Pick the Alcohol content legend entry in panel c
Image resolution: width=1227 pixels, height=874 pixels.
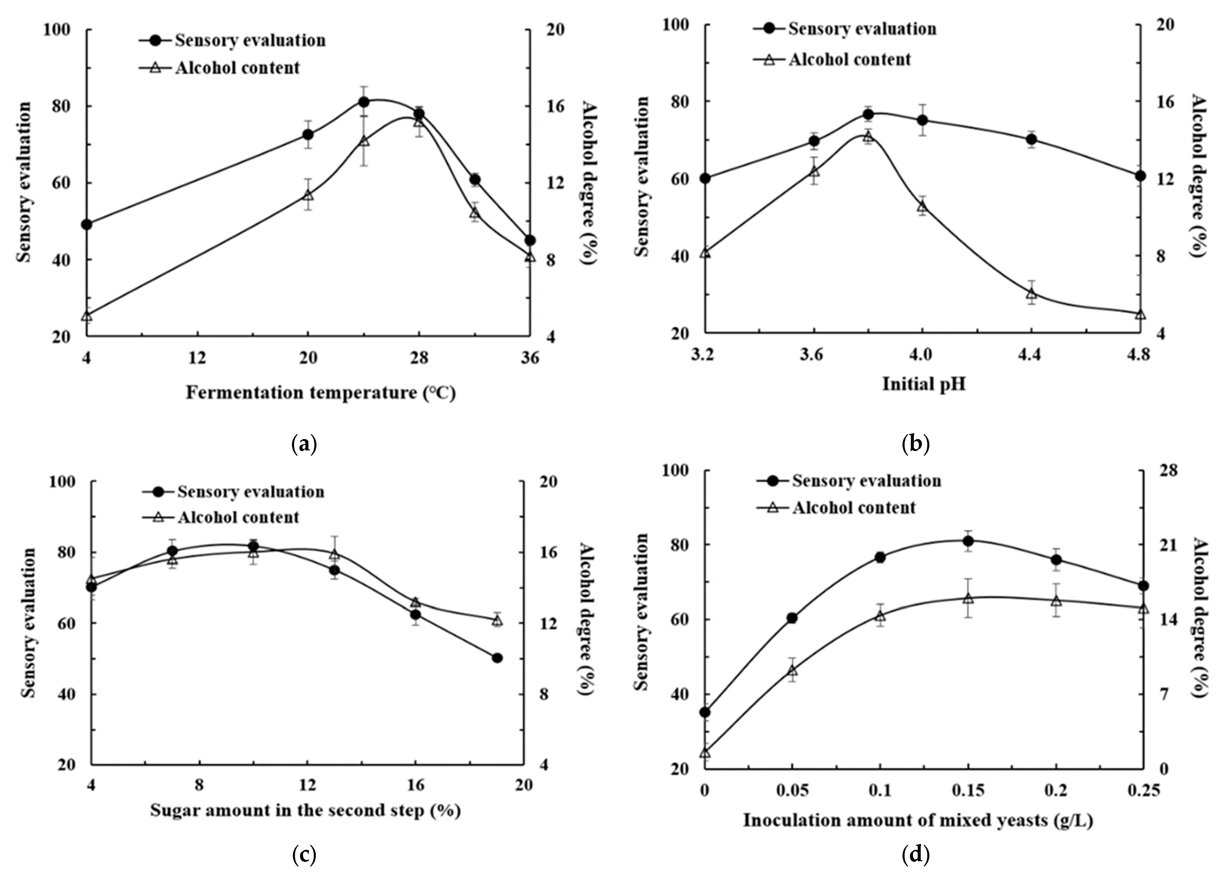point(238,517)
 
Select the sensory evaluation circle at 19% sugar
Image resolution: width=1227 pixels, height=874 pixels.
point(497,658)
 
